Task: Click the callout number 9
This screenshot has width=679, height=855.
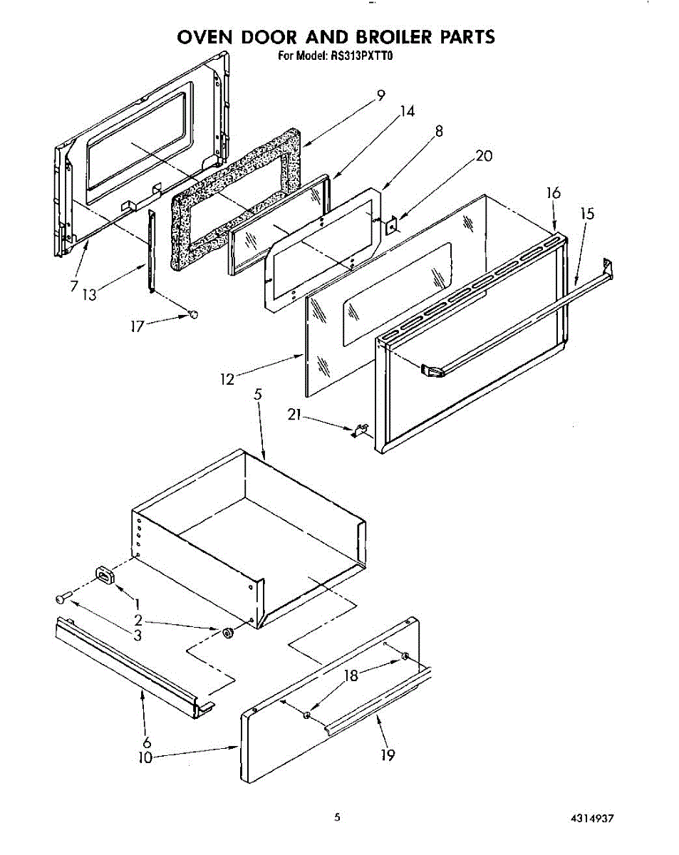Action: pyautogui.click(x=381, y=94)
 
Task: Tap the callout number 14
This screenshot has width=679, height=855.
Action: pyautogui.click(x=407, y=112)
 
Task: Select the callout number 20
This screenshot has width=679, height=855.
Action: pyautogui.click(x=484, y=156)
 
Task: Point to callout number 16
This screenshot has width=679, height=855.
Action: pyautogui.click(x=554, y=193)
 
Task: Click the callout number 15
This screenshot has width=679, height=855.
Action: pyautogui.click(x=587, y=213)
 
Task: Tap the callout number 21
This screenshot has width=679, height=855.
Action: pyautogui.click(x=295, y=414)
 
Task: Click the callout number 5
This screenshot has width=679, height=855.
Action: pyautogui.click(x=259, y=393)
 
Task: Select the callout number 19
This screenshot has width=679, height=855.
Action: pyautogui.click(x=388, y=755)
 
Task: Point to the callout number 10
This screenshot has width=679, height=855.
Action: pyautogui.click(x=145, y=758)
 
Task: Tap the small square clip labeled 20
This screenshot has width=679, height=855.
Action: pyautogui.click(x=391, y=227)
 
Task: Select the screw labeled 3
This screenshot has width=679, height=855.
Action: pyautogui.click(x=62, y=599)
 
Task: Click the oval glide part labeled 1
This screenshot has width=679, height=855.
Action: pyautogui.click(x=105, y=576)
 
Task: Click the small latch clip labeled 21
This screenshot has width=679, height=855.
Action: pyautogui.click(x=360, y=430)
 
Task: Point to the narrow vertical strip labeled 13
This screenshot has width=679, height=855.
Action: pyautogui.click(x=151, y=249)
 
